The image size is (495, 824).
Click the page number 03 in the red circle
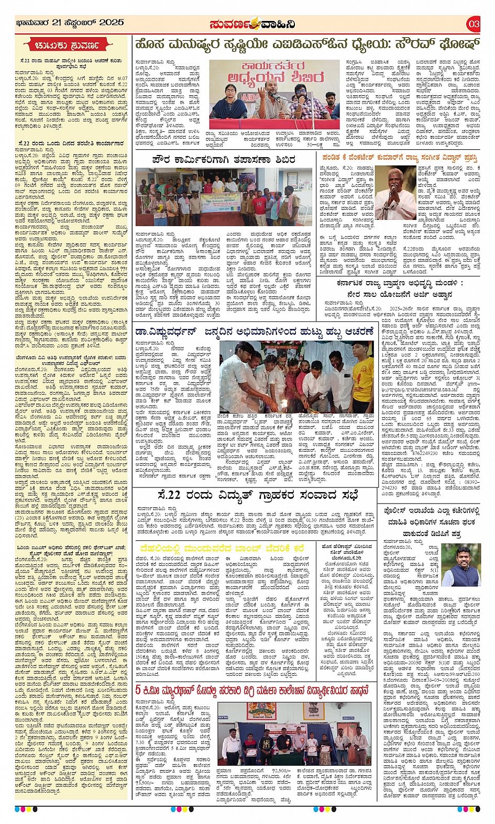point(473,24)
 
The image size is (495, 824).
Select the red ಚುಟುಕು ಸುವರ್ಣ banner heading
point(71,46)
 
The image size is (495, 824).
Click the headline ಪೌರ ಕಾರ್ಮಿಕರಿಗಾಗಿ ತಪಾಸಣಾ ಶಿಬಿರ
point(224,159)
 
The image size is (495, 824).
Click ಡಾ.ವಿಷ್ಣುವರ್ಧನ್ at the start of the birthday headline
point(166,331)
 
